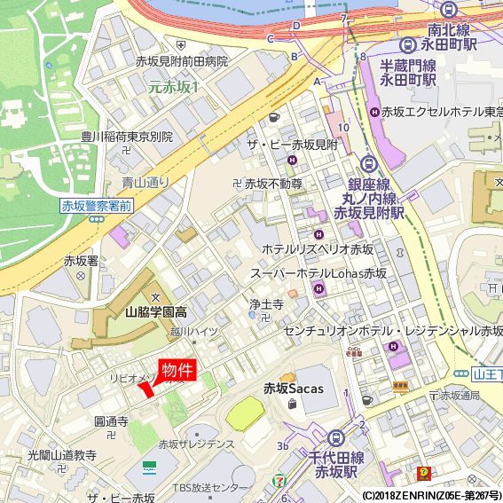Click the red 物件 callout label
177,370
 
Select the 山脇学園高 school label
156,312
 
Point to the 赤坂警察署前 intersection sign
96,206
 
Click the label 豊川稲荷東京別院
126,137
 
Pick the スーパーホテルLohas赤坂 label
318,273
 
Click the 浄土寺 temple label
265,304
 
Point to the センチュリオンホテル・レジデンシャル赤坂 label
392,329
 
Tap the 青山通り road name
145,182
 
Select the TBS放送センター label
211,488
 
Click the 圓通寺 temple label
111,420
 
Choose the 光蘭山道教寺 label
61,454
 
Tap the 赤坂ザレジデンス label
196,444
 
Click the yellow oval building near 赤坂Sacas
245,413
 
